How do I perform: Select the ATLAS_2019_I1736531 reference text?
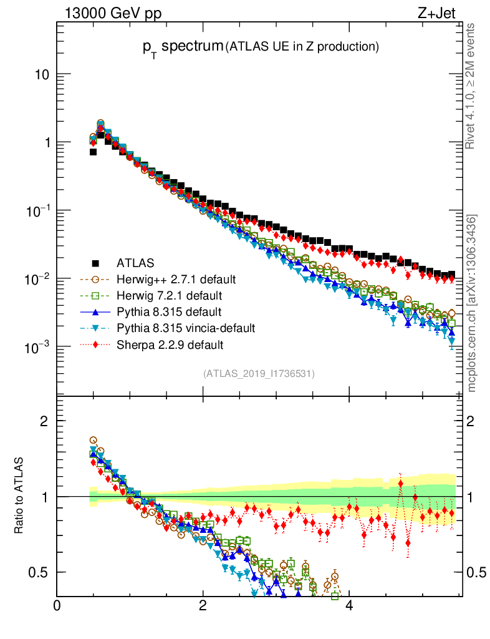point(258,374)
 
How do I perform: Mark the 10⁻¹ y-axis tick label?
point(37,211)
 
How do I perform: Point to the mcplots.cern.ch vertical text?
point(472,303)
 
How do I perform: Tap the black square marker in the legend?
point(95,262)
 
